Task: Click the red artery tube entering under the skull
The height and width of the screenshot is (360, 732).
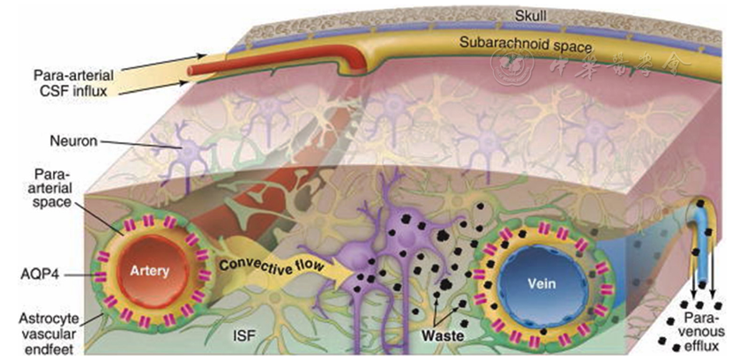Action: tap(212, 63)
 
